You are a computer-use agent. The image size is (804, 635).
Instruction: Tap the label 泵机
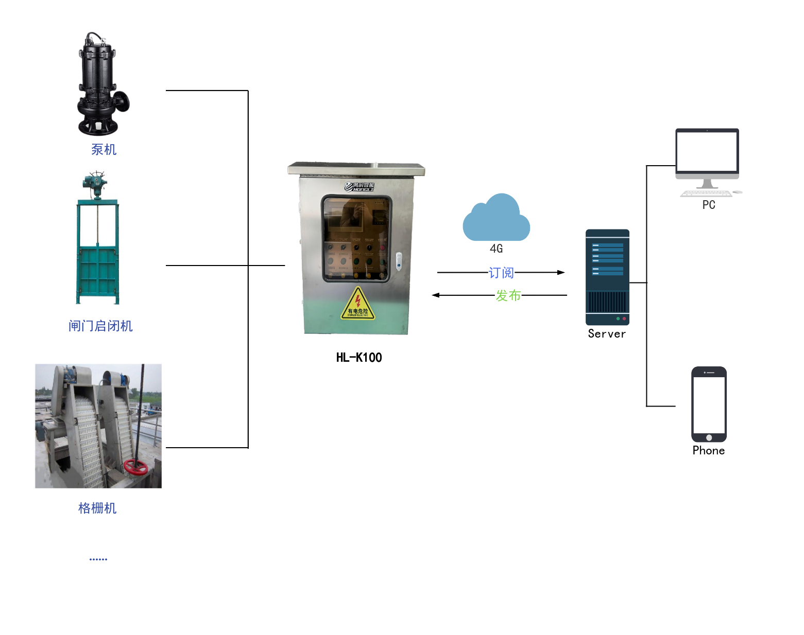pos(104,150)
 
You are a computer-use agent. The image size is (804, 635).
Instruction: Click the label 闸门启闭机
pos(100,326)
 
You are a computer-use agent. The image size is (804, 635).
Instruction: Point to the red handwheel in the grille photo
pos(135,467)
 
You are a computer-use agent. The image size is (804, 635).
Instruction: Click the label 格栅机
pos(97,508)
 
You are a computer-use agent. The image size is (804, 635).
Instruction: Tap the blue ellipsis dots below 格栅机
pos(98,559)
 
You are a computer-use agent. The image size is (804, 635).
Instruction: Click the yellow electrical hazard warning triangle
pos(358,305)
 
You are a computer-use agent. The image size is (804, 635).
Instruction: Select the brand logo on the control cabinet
pos(360,187)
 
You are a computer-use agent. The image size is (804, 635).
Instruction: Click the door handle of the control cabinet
pos(399,261)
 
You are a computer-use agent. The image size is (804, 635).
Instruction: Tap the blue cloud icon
pos(496,219)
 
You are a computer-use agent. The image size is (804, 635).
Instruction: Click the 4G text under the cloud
pos(496,249)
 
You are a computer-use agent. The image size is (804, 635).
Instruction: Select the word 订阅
pos(501,273)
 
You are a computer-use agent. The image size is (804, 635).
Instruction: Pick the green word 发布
pos(508,295)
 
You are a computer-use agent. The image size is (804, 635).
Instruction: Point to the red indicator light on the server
pos(624,319)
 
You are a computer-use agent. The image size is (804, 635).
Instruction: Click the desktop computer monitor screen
pos(707,151)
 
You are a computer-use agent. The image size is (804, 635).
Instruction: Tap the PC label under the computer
pos(709,205)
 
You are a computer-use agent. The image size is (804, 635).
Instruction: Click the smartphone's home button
pos(709,437)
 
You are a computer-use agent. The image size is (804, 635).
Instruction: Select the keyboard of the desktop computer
pos(706,194)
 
